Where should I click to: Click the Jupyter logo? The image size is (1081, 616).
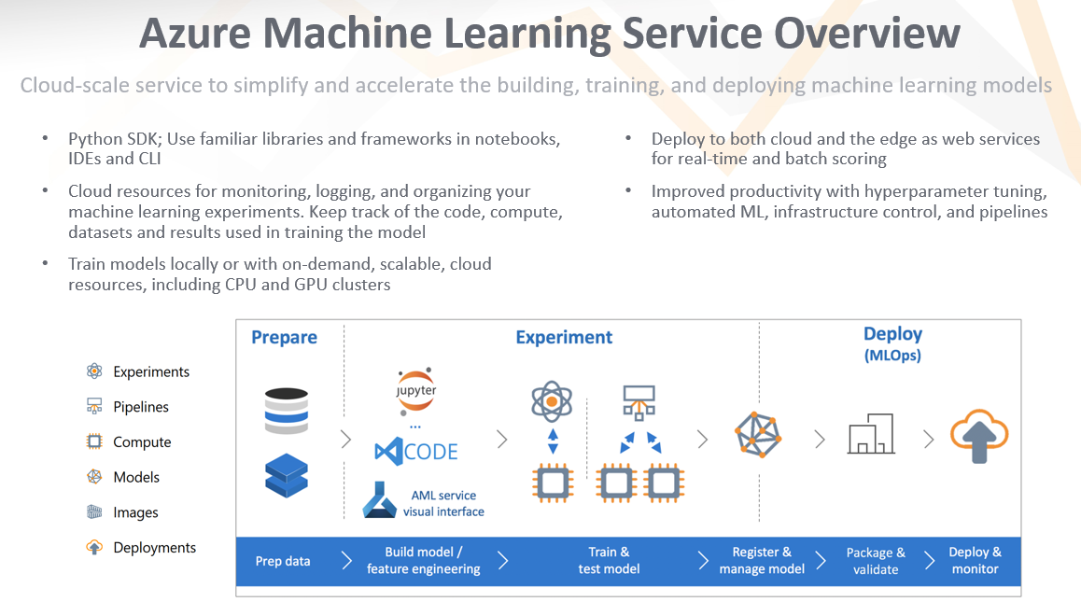[x=415, y=391]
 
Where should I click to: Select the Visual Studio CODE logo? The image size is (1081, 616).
[x=415, y=452]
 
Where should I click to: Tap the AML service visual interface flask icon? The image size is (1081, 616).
[x=380, y=501]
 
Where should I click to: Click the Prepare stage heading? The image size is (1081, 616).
[x=284, y=337]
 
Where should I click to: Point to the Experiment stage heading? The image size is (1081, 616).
[x=564, y=337]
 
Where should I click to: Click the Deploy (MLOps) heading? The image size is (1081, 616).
[x=892, y=343]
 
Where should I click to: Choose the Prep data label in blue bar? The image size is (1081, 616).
[x=283, y=561]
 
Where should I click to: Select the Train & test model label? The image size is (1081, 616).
[x=609, y=560]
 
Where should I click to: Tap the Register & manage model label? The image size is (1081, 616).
[x=762, y=560]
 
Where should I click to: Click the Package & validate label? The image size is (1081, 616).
[x=876, y=560]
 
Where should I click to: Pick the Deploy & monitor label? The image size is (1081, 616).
[x=975, y=560]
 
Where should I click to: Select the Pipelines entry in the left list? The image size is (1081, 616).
[x=140, y=407]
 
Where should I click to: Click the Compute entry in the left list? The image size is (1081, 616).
[x=141, y=442]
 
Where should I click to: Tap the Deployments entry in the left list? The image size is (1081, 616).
[x=154, y=548]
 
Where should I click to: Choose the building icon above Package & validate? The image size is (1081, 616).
[x=871, y=435]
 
